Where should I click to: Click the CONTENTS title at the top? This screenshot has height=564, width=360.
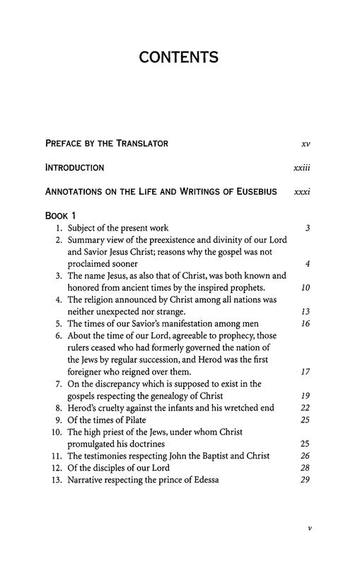tap(179, 58)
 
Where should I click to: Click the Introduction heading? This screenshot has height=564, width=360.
tap(74, 168)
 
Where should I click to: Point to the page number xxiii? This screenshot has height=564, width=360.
tap(301, 168)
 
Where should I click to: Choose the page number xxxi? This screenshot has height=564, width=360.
tap(302, 192)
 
